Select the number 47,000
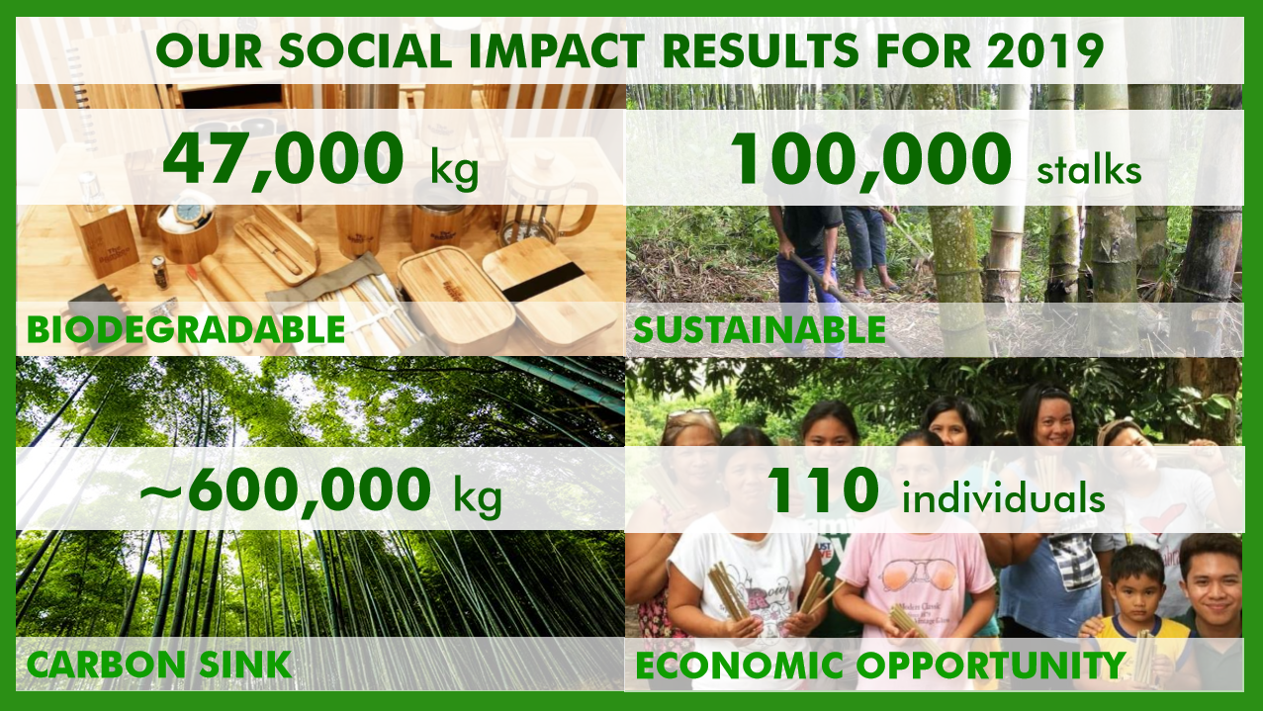tap(283, 160)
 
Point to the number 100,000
tap(871, 160)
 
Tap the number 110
tap(823, 490)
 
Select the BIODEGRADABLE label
tap(186, 330)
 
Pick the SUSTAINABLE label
tap(760, 330)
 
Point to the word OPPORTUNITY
tap(991, 666)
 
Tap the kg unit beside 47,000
tap(454, 169)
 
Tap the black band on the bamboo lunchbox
tap(544, 281)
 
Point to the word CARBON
tap(106, 665)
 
